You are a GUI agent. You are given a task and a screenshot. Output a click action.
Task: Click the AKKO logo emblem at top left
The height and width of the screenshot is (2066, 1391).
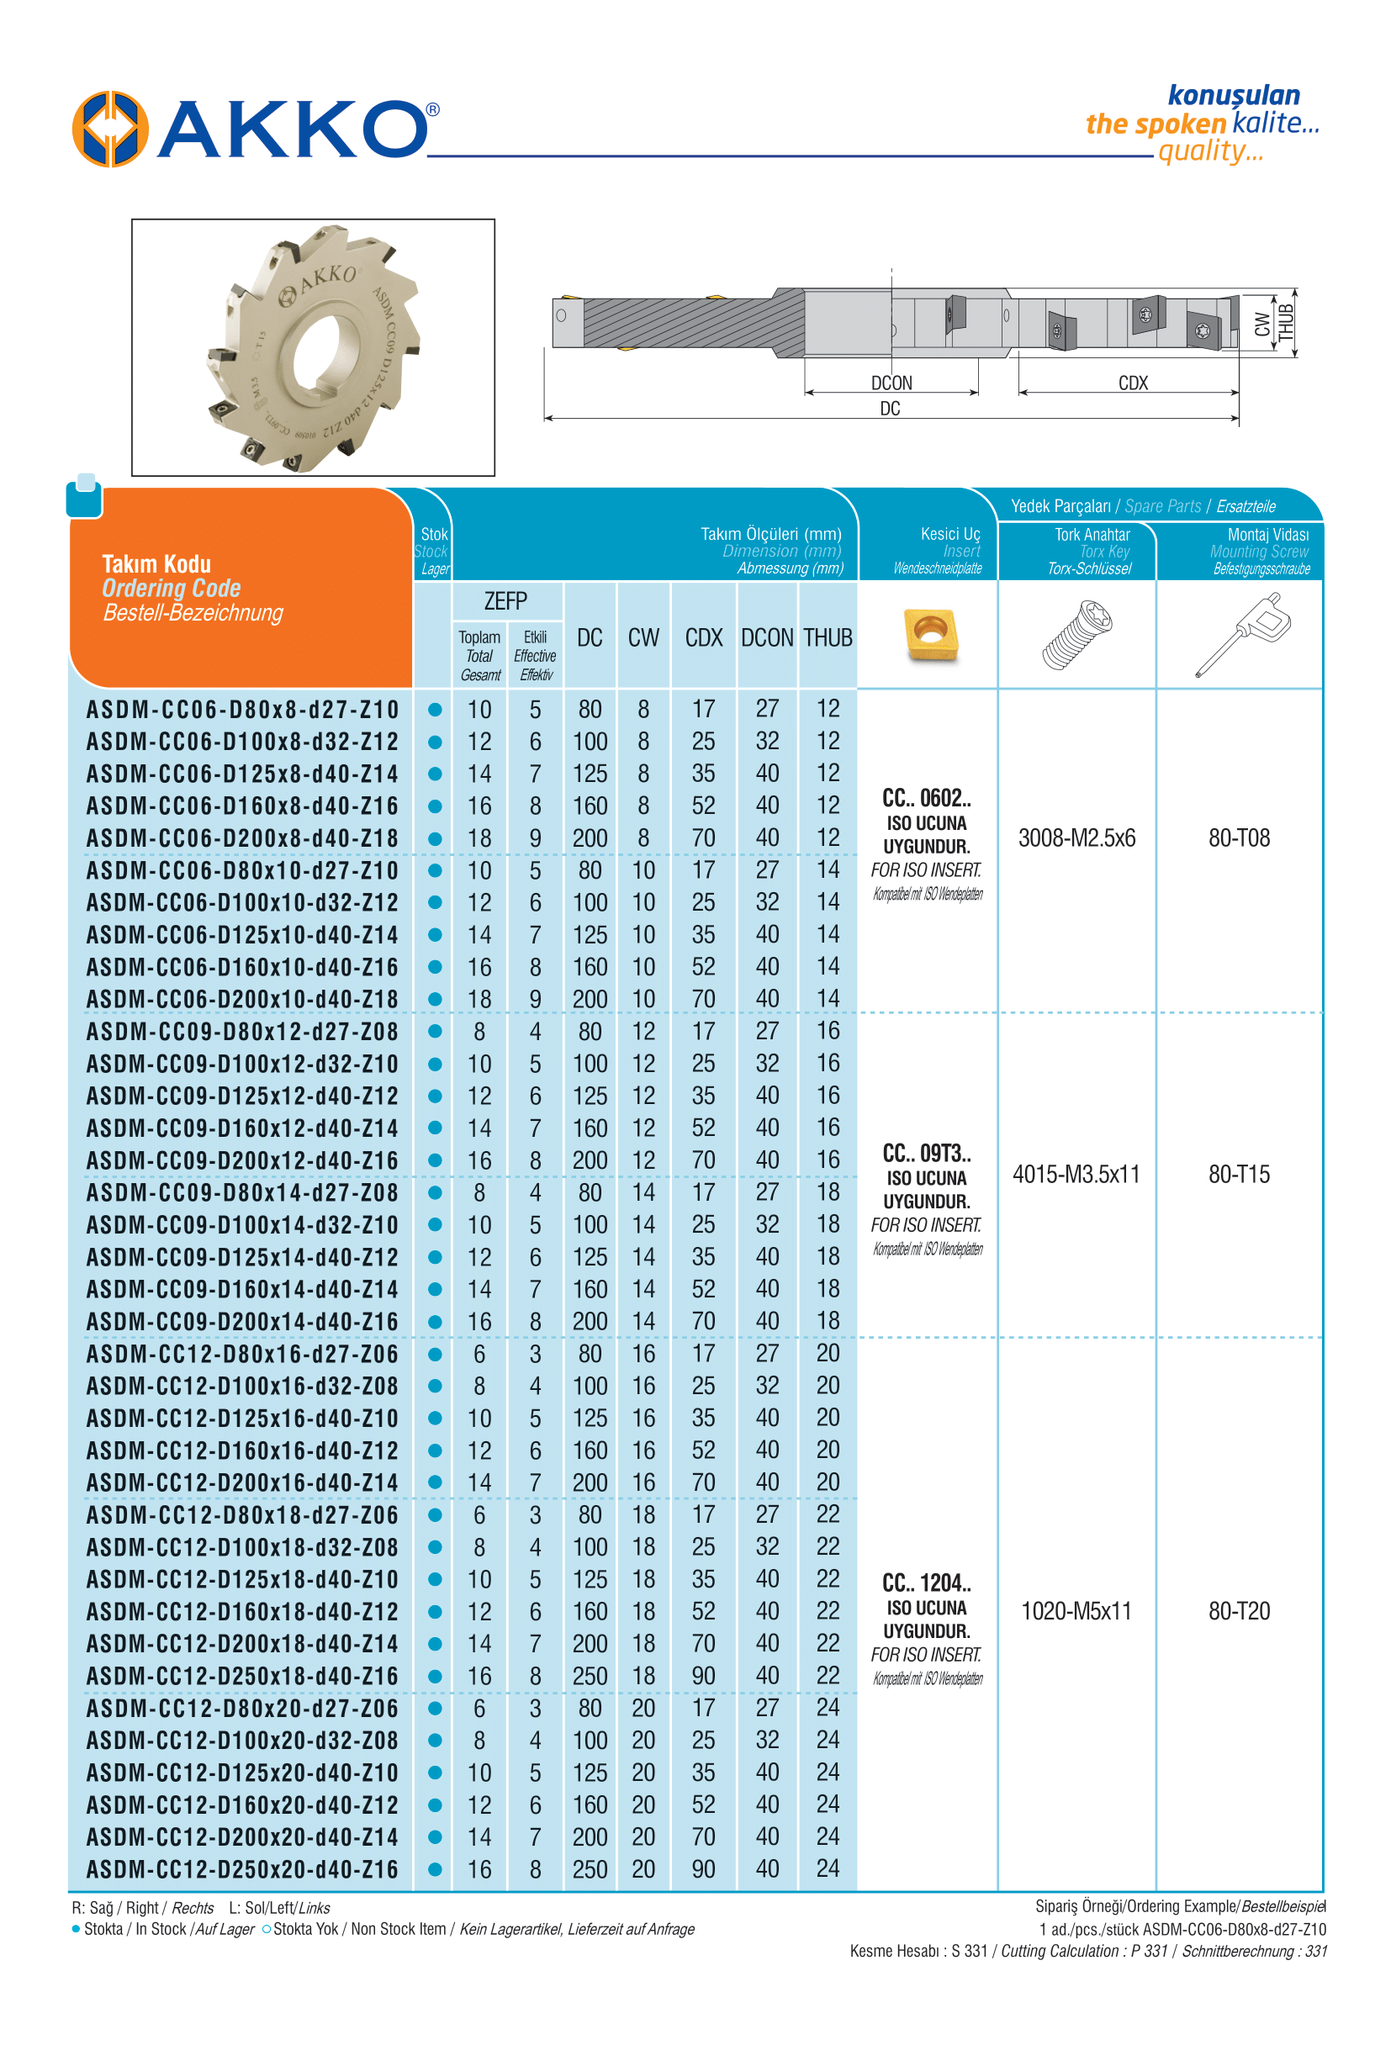(110, 129)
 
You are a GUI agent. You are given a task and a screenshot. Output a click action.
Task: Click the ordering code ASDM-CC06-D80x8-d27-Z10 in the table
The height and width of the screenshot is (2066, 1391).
(242, 710)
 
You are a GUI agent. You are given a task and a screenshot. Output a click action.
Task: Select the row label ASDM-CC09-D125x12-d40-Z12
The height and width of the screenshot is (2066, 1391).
(242, 1096)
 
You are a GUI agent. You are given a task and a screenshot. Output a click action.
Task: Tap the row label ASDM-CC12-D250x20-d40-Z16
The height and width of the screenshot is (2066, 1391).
(242, 1870)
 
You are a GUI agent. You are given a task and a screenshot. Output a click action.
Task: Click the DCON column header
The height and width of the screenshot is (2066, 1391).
(766, 638)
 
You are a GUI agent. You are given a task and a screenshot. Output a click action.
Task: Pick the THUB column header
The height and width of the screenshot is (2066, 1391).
(828, 638)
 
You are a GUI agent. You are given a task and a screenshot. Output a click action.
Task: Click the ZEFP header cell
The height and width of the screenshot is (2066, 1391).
(505, 601)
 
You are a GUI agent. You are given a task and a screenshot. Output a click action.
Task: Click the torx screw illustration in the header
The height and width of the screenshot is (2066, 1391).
(1077, 633)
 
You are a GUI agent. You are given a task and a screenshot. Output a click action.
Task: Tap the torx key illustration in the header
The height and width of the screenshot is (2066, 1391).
(1241, 633)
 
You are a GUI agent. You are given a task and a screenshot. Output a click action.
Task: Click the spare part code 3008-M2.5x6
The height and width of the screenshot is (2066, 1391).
(1076, 838)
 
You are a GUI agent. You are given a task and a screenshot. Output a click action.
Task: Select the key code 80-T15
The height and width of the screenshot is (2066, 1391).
(1239, 1175)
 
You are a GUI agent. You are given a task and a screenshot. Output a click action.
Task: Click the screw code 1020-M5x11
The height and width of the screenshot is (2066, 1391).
(1076, 1611)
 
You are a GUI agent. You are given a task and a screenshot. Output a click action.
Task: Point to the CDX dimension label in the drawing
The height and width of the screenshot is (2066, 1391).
(1133, 383)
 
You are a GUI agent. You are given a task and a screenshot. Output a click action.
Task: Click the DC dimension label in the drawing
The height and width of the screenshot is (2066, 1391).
(890, 409)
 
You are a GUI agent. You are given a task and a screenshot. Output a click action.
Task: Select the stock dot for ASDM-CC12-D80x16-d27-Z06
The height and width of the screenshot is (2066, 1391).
(435, 1355)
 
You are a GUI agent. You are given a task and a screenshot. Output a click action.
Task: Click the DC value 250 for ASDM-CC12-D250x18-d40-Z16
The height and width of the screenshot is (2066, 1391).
(590, 1677)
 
